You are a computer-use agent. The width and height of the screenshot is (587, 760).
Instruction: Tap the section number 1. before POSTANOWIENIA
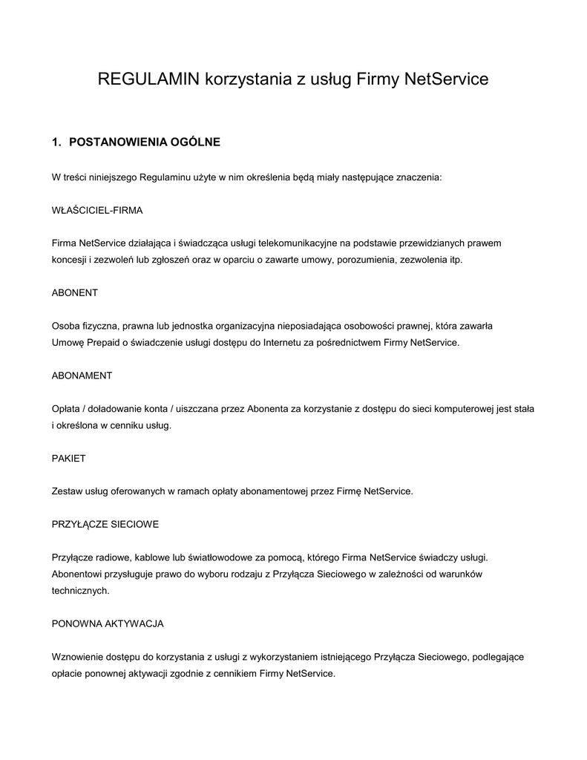56,142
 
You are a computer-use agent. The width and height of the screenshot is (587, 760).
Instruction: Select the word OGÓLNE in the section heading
196,142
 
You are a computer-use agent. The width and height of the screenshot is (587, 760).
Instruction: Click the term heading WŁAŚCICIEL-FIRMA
97,210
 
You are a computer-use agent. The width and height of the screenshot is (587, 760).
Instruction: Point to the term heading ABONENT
74,292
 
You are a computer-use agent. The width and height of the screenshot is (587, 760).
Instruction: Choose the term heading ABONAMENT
82,376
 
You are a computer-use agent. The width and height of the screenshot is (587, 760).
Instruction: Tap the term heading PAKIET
68,458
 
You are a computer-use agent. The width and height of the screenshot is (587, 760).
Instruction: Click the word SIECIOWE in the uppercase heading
134,524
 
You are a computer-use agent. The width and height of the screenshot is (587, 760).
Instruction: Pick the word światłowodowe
195,557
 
